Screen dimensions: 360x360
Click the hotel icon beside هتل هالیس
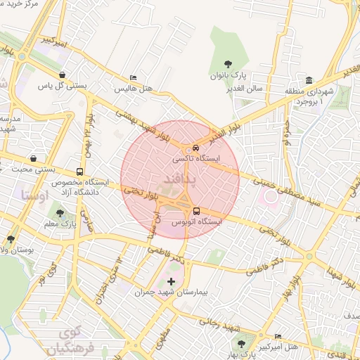tap(134, 78)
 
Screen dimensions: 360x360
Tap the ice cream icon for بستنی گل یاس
tap(63, 75)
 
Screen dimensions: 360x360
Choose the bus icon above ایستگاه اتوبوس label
tap(195, 210)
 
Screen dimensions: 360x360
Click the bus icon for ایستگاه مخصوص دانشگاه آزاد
tap(79, 171)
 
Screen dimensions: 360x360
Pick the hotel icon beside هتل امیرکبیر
tap(278, 337)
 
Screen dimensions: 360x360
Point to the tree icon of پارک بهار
tap(242, 345)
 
